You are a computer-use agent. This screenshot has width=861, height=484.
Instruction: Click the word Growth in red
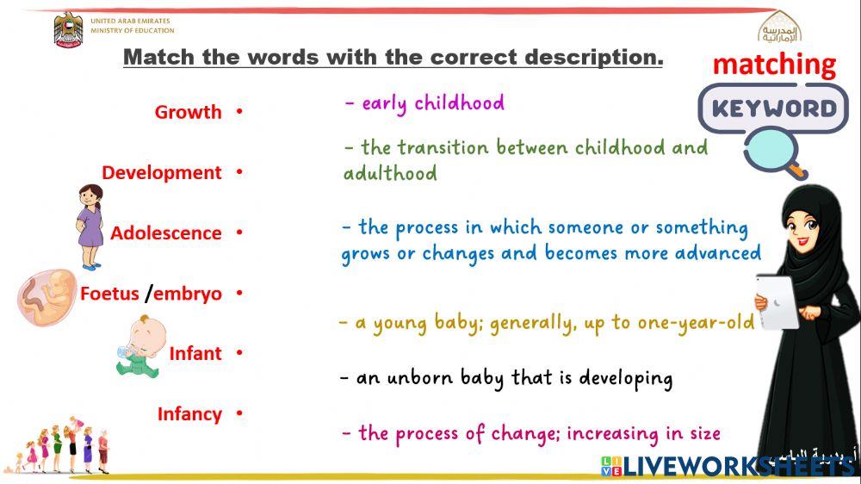coord(188,112)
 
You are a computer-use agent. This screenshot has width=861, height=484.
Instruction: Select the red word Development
coord(162,172)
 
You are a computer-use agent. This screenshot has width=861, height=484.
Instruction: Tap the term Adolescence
coord(165,233)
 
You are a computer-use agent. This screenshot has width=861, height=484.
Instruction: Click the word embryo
coord(188,294)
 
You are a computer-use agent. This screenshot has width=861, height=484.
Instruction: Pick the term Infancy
coord(189,414)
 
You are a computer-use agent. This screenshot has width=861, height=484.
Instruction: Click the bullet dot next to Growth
coord(239,112)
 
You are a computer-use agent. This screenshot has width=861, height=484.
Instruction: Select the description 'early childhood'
coord(424,103)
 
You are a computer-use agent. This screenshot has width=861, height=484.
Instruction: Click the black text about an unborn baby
coord(506,377)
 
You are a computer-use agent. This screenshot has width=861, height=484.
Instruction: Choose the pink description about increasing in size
coord(531,433)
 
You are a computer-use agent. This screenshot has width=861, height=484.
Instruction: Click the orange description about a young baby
coord(547,323)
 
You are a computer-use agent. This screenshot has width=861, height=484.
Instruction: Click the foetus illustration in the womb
coord(47,295)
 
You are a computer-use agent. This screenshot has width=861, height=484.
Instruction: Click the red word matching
coord(774,65)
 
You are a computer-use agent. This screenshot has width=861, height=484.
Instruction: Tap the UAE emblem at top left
coord(69,30)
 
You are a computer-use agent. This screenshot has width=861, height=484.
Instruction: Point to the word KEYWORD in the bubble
coord(774,108)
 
